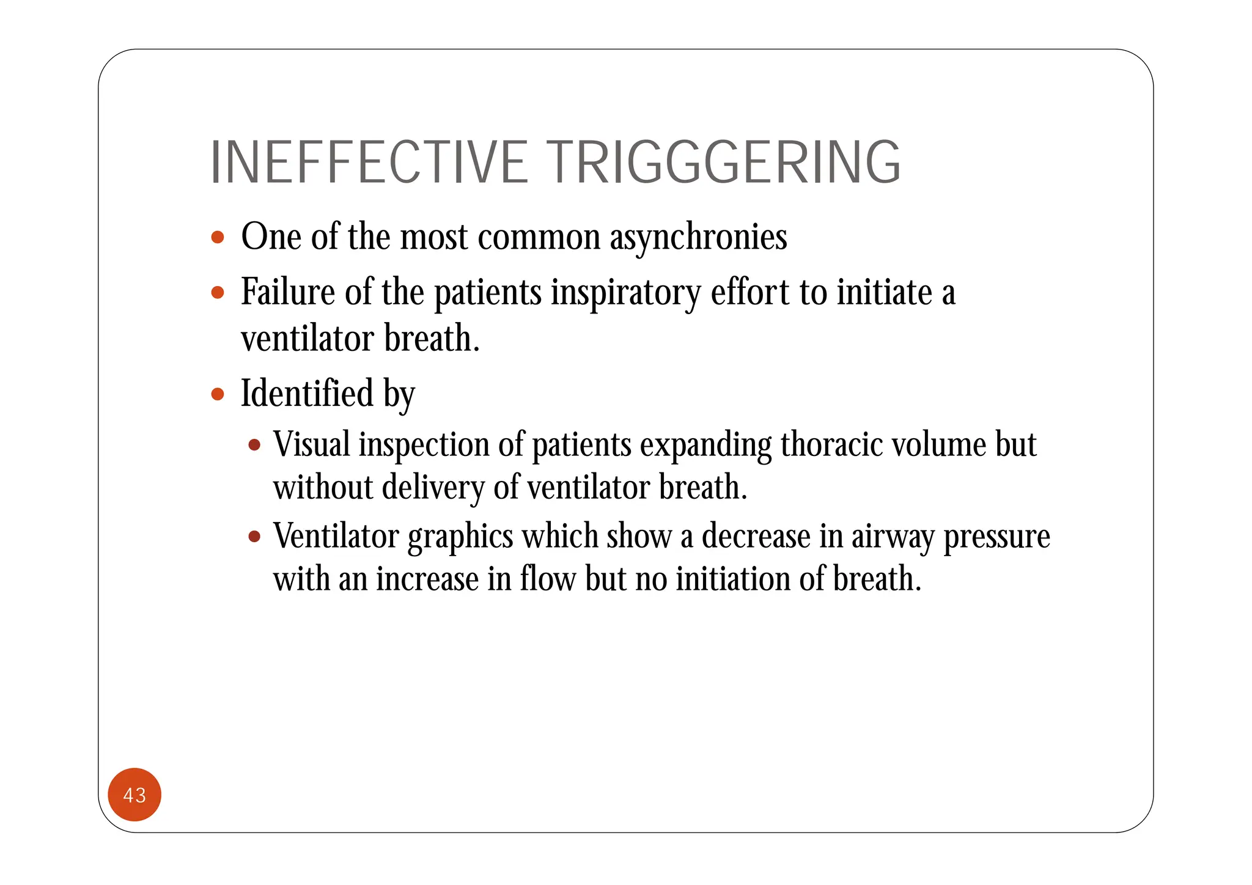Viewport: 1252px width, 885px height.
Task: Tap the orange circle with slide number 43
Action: pos(134,795)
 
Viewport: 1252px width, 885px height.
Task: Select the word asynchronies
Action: pos(698,237)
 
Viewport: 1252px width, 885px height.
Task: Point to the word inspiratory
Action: pos(625,293)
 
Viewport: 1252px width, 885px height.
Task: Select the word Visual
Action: pos(312,444)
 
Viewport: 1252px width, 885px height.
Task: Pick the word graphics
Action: pos(460,537)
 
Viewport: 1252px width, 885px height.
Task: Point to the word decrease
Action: pos(756,536)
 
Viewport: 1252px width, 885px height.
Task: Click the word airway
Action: pos(893,537)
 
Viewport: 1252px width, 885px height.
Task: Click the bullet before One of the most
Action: pos(218,237)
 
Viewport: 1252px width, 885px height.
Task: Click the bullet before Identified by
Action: pos(218,394)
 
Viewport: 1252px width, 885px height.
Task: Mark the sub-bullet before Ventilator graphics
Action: pos(254,537)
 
